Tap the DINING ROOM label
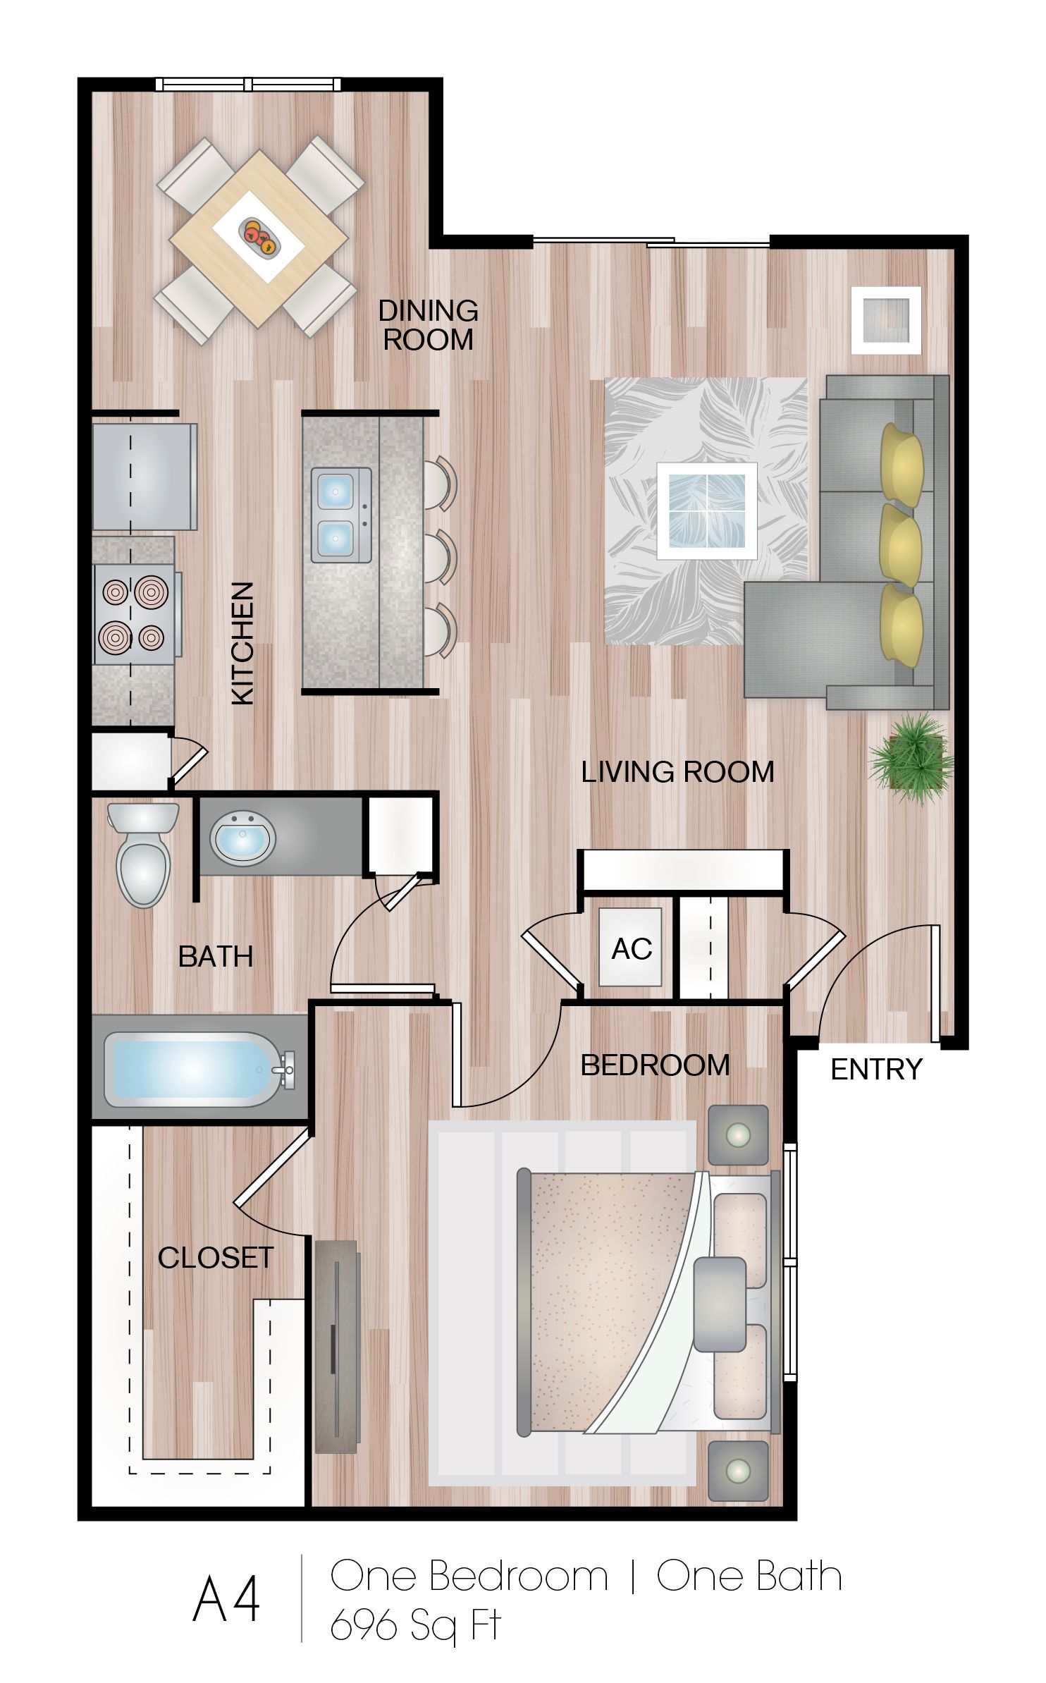tap(428, 325)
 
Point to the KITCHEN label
tap(242, 642)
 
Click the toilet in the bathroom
tap(143, 854)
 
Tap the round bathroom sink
tap(242, 838)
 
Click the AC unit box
tap(631, 947)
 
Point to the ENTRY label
tap(876, 1069)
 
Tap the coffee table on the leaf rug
tap(706, 510)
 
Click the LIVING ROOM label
tap(677, 771)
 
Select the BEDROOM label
tap(655, 1065)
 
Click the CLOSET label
tap(215, 1257)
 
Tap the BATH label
tap(216, 956)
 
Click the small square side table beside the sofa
tap(885, 320)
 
